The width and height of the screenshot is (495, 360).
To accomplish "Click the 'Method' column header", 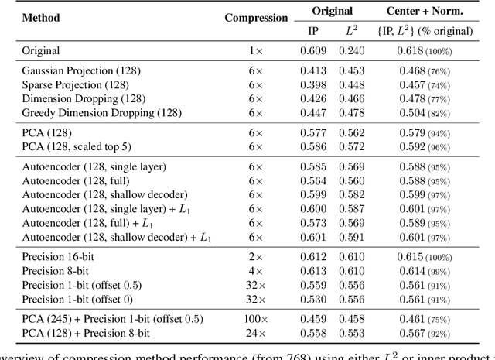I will point(41,18).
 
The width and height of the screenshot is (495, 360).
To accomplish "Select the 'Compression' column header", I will point(255,18).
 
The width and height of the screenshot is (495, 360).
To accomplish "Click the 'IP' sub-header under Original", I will point(312,31).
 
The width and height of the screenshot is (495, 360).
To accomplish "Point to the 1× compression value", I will point(255,51).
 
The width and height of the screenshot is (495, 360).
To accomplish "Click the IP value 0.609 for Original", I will point(312,51).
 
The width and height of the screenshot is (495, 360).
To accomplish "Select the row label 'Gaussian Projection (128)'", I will point(81,71).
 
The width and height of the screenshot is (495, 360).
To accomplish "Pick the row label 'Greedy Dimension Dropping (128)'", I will point(101,113).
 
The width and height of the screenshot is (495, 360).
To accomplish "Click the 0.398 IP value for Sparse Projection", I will point(312,85).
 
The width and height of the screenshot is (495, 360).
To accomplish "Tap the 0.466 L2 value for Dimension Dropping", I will point(352,99).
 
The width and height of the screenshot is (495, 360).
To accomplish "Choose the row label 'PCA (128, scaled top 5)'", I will point(76,146).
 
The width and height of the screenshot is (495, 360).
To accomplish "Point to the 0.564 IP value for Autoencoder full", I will point(312,180).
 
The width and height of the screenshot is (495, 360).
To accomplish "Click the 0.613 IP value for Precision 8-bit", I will point(312,271).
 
